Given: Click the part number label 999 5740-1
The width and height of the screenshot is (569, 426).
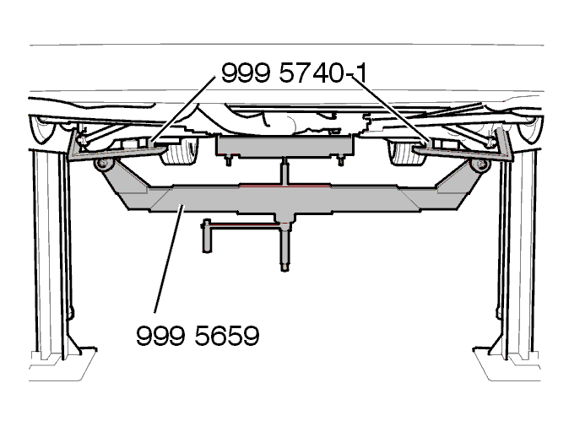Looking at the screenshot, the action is click(x=295, y=73).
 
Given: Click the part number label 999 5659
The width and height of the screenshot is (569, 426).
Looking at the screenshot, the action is click(x=198, y=336).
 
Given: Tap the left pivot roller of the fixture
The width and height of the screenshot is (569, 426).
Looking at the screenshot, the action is click(x=104, y=164).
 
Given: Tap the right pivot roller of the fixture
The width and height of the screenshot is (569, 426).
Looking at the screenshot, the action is click(x=480, y=164).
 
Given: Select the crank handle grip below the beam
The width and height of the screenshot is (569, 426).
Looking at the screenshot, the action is click(x=207, y=235).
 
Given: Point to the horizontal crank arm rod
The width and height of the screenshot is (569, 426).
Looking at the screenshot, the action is click(x=246, y=226).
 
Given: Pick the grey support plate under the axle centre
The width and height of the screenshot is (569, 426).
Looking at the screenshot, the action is click(x=284, y=146).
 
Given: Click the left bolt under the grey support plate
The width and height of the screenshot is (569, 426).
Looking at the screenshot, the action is click(x=229, y=160).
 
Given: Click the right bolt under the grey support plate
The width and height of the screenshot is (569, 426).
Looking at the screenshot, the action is click(x=341, y=160).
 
